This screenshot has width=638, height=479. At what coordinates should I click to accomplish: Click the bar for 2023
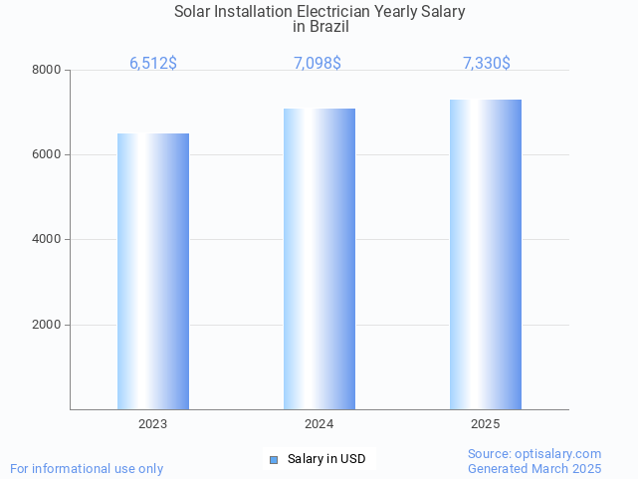tap(153, 271)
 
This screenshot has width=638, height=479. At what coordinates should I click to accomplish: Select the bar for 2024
tap(319, 259)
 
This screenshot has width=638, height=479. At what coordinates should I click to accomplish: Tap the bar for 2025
tap(486, 254)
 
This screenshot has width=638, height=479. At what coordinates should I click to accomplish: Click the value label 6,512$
tap(153, 63)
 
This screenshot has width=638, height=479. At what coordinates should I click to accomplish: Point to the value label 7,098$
tap(318, 63)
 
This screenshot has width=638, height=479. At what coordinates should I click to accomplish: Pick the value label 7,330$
tap(487, 63)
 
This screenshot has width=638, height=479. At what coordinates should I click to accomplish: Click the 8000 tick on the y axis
tap(46, 70)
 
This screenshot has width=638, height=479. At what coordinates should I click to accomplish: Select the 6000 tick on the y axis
tap(46, 154)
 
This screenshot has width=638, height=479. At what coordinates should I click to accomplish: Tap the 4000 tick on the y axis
tap(46, 239)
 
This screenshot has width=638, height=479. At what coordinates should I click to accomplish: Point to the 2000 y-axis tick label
tap(46, 325)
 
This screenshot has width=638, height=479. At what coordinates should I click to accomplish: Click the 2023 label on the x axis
tap(153, 424)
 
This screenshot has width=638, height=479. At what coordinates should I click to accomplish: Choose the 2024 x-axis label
tap(319, 424)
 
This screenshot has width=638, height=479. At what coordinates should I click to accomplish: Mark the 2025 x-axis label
tap(486, 424)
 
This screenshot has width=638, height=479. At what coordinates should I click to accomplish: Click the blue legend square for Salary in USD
tap(274, 459)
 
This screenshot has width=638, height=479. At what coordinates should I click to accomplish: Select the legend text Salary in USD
tap(326, 459)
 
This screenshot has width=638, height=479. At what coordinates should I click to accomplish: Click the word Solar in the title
tap(193, 12)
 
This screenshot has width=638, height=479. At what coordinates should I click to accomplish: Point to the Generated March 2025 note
tap(534, 468)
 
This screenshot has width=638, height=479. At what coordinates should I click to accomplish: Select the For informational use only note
tap(87, 468)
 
